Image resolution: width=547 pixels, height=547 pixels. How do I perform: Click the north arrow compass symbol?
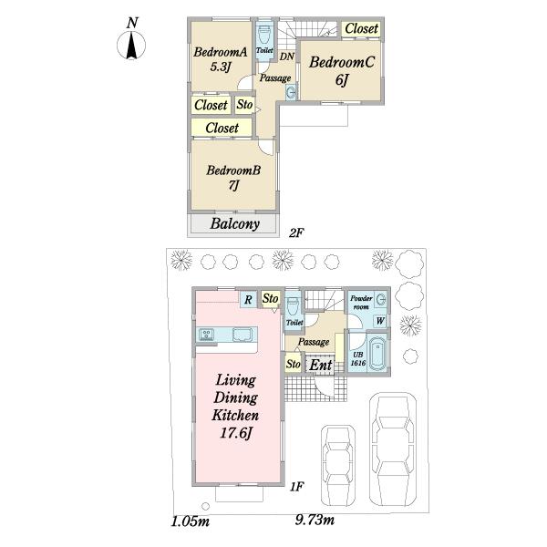(x=131, y=45)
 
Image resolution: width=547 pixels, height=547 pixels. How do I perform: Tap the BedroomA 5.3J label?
(x=221, y=59)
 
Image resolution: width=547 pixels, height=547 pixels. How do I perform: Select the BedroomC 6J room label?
(x=342, y=70)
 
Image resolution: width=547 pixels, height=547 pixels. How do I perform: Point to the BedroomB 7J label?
(x=233, y=177)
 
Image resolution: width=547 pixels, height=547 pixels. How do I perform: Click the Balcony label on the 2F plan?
(x=235, y=223)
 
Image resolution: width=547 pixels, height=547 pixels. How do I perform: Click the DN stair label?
(x=287, y=57)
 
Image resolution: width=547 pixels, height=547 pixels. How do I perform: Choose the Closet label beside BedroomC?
(x=361, y=28)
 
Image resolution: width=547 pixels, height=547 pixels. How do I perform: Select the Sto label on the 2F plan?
(x=244, y=104)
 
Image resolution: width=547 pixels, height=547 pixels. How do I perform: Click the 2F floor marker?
(x=296, y=232)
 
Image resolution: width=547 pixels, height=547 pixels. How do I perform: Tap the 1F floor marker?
(x=296, y=486)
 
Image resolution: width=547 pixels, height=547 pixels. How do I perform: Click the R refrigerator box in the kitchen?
(x=248, y=300)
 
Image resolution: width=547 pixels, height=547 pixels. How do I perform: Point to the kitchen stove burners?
(x=206, y=335)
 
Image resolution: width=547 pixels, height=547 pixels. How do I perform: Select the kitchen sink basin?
(x=243, y=335)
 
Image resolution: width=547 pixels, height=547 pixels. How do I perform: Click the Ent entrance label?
(x=321, y=366)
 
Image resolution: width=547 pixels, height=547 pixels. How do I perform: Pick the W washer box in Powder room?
(x=380, y=321)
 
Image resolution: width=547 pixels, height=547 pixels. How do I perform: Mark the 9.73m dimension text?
(x=315, y=521)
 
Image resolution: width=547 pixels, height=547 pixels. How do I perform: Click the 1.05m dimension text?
(x=191, y=521)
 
